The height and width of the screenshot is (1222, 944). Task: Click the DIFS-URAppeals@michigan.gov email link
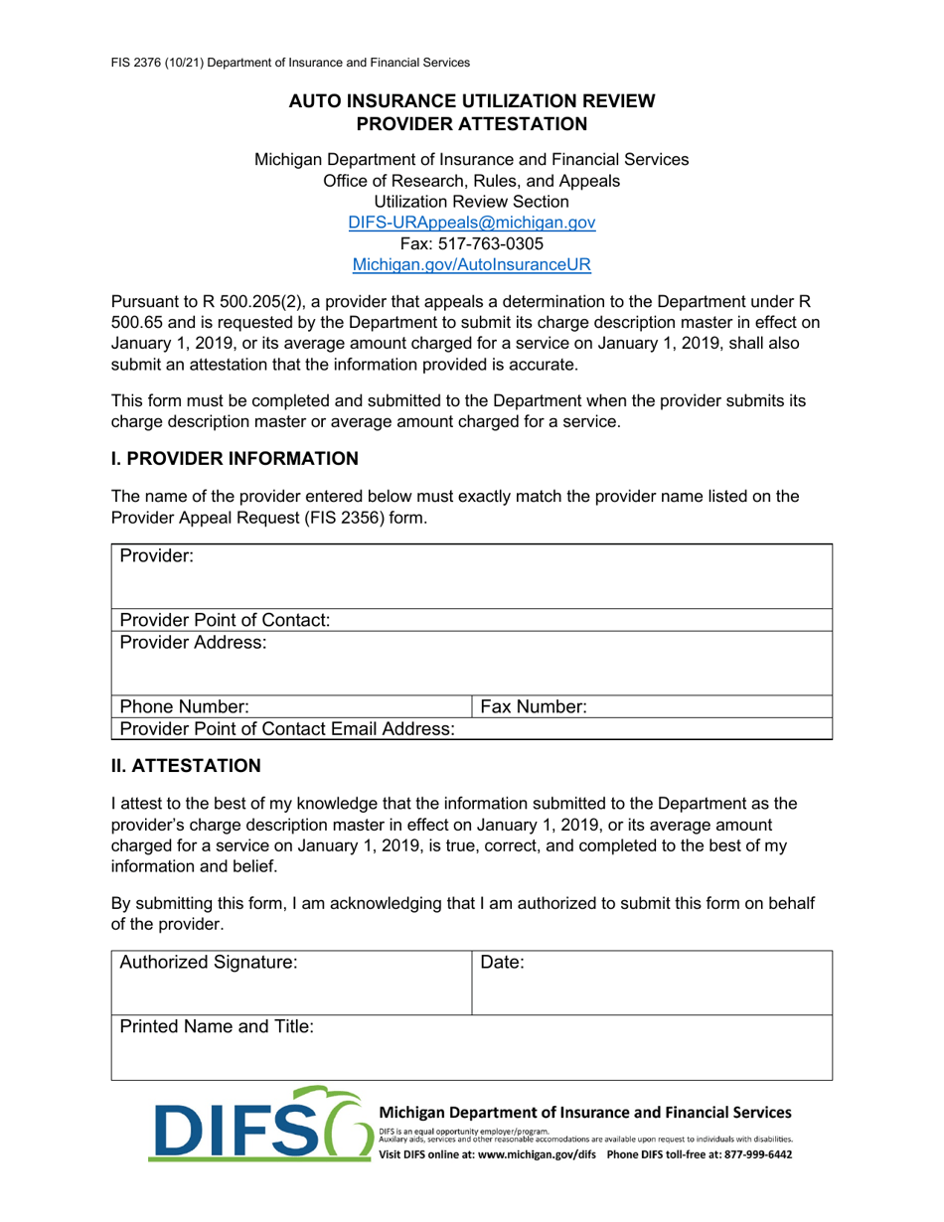(472, 223)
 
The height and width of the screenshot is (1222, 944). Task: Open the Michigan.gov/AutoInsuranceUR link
(472, 265)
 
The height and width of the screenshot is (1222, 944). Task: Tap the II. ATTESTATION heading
(185, 766)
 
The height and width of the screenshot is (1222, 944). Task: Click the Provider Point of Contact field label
(225, 620)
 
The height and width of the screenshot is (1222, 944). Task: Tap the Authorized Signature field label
(208, 962)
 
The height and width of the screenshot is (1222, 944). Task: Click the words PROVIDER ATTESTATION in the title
(472, 124)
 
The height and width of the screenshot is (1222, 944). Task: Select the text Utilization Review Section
(472, 202)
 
